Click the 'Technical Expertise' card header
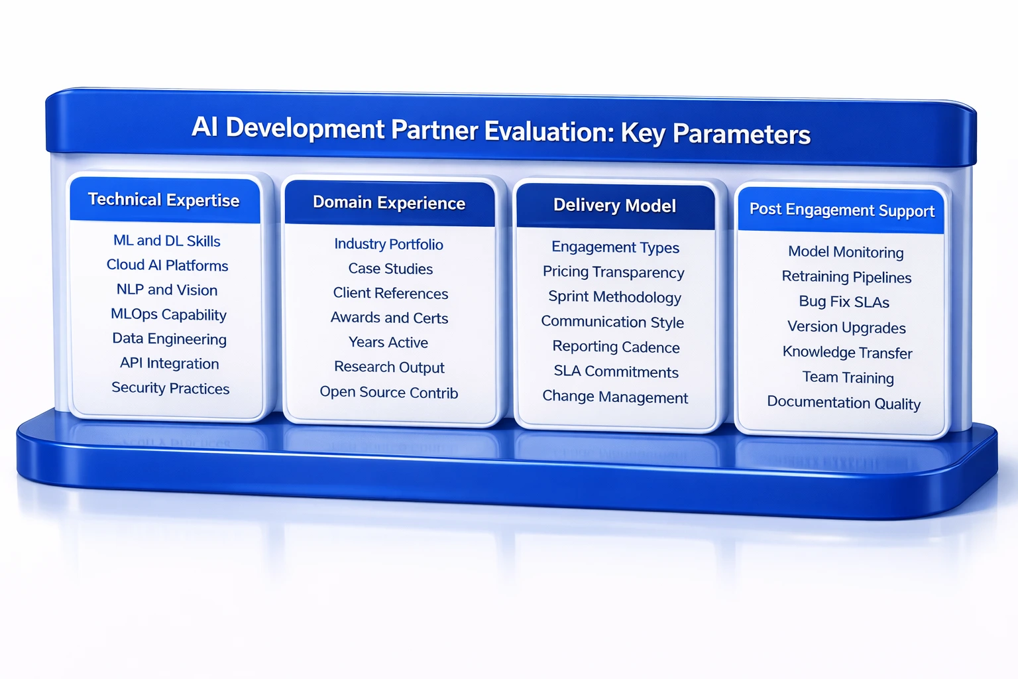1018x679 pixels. pyautogui.click(x=164, y=200)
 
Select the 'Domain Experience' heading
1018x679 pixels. pyautogui.click(x=389, y=203)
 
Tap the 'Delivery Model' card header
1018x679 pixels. pyautogui.click(x=614, y=206)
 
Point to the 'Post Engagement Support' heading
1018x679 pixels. pyautogui.click(x=842, y=210)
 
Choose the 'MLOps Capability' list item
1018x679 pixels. pyautogui.click(x=168, y=314)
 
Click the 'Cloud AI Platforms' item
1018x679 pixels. pyautogui.click(x=167, y=265)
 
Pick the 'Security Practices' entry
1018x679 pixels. pyautogui.click(x=170, y=388)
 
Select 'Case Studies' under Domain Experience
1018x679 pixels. pyautogui.click(x=390, y=269)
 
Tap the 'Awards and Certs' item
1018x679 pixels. pyautogui.click(x=389, y=318)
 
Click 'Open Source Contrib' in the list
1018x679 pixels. pyautogui.click(x=388, y=393)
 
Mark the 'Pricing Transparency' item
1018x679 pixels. pyautogui.click(x=613, y=273)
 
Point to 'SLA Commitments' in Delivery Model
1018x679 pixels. pyautogui.click(x=616, y=372)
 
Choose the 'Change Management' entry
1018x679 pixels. pyautogui.click(x=615, y=397)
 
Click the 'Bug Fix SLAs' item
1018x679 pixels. pyautogui.click(x=844, y=302)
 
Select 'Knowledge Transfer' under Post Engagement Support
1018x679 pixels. pyautogui.click(x=847, y=352)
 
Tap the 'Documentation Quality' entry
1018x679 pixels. pyautogui.click(x=844, y=403)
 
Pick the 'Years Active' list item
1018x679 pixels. pyautogui.click(x=388, y=343)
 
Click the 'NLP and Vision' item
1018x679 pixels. pyautogui.click(x=167, y=290)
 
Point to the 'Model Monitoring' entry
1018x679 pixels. pyautogui.click(x=846, y=252)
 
